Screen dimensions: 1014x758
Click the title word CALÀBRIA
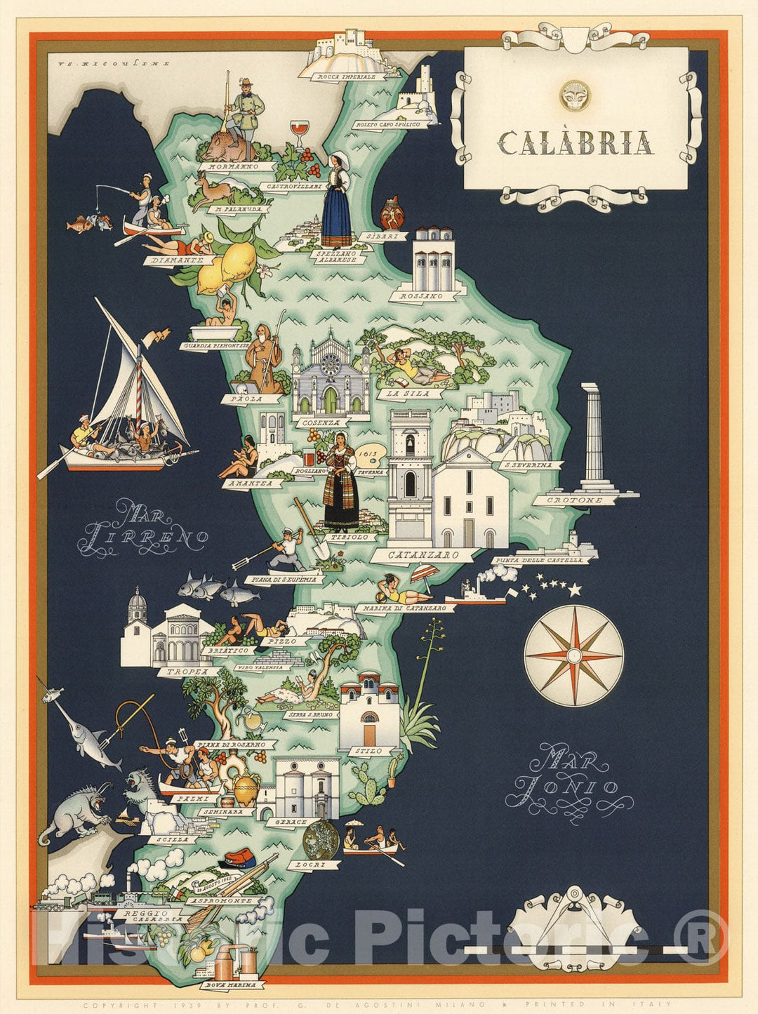576,143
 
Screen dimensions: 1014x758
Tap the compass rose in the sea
574,656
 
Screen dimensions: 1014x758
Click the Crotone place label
576,500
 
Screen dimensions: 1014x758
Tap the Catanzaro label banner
415,555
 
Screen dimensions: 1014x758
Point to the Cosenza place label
321,423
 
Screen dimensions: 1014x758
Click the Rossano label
421,297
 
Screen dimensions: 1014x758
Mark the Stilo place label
369,751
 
